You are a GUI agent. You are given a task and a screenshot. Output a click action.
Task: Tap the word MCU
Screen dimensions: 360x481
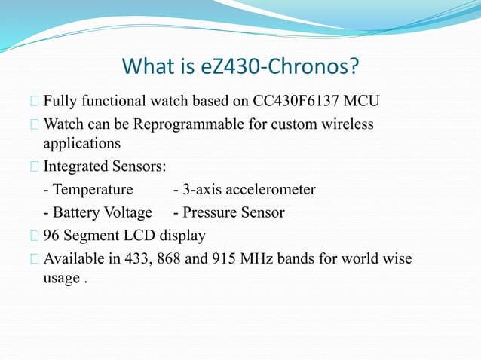coord(361,102)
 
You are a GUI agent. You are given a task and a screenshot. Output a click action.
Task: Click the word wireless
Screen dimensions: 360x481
coord(346,124)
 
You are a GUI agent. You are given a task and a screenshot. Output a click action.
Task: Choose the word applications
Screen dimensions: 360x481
coord(81,142)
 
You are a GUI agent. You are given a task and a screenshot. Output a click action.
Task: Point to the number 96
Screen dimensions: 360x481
coord(52,236)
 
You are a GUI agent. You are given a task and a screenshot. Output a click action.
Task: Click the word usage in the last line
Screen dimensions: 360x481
coord(60,279)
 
